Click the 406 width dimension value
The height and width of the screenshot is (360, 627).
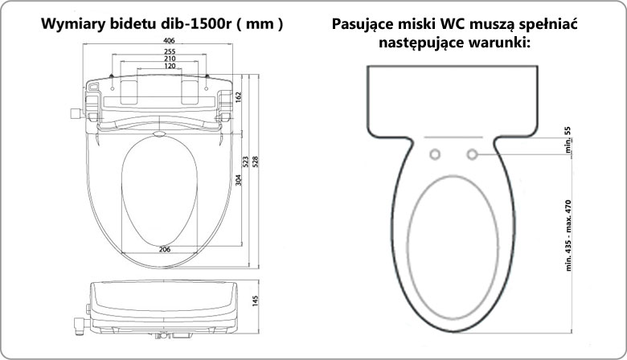coord(169,40)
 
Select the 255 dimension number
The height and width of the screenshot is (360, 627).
coord(170,51)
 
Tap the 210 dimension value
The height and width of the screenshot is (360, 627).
coord(170,59)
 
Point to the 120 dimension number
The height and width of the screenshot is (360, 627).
coord(170,66)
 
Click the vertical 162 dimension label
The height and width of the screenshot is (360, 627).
coord(238,97)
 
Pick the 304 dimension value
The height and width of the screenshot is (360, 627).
coord(238,180)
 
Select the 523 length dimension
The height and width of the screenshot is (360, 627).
coord(246,162)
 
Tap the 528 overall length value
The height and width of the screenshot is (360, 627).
coord(256,162)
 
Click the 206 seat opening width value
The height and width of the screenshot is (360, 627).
coord(165,249)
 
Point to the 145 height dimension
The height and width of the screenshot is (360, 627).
coord(256,301)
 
